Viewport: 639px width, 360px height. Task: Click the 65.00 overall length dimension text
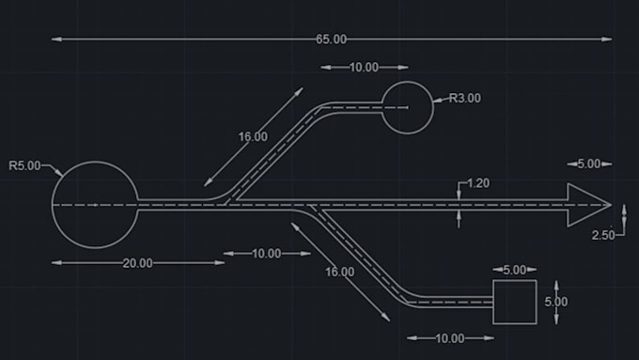coord(331,39)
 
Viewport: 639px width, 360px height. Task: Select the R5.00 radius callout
coord(24,166)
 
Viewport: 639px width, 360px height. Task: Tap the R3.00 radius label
coord(465,97)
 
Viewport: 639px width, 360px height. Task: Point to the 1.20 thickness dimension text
coord(477,183)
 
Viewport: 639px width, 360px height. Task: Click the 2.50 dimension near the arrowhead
coord(603,235)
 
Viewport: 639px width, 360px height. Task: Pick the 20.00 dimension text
coord(137,263)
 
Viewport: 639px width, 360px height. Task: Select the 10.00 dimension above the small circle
coord(364,68)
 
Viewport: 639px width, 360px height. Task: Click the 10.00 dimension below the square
coord(450,338)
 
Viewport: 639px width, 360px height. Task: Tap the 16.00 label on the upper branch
coord(252,136)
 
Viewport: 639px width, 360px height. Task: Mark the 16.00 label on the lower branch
coord(339,272)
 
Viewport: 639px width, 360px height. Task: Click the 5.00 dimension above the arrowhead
coord(588,164)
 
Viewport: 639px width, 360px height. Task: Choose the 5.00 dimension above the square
coord(514,270)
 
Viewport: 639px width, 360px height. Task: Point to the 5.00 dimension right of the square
coord(555,302)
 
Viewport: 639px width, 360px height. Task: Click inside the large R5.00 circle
coord(95,204)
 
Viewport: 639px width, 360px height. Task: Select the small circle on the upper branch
coord(408,108)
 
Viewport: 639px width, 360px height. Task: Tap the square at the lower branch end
coord(515,302)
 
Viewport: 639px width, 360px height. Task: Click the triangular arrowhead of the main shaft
coord(584,205)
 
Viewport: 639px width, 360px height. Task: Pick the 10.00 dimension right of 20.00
coord(266,254)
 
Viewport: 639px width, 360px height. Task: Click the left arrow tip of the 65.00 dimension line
coord(54,39)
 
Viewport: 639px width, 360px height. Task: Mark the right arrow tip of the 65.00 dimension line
coord(610,39)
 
